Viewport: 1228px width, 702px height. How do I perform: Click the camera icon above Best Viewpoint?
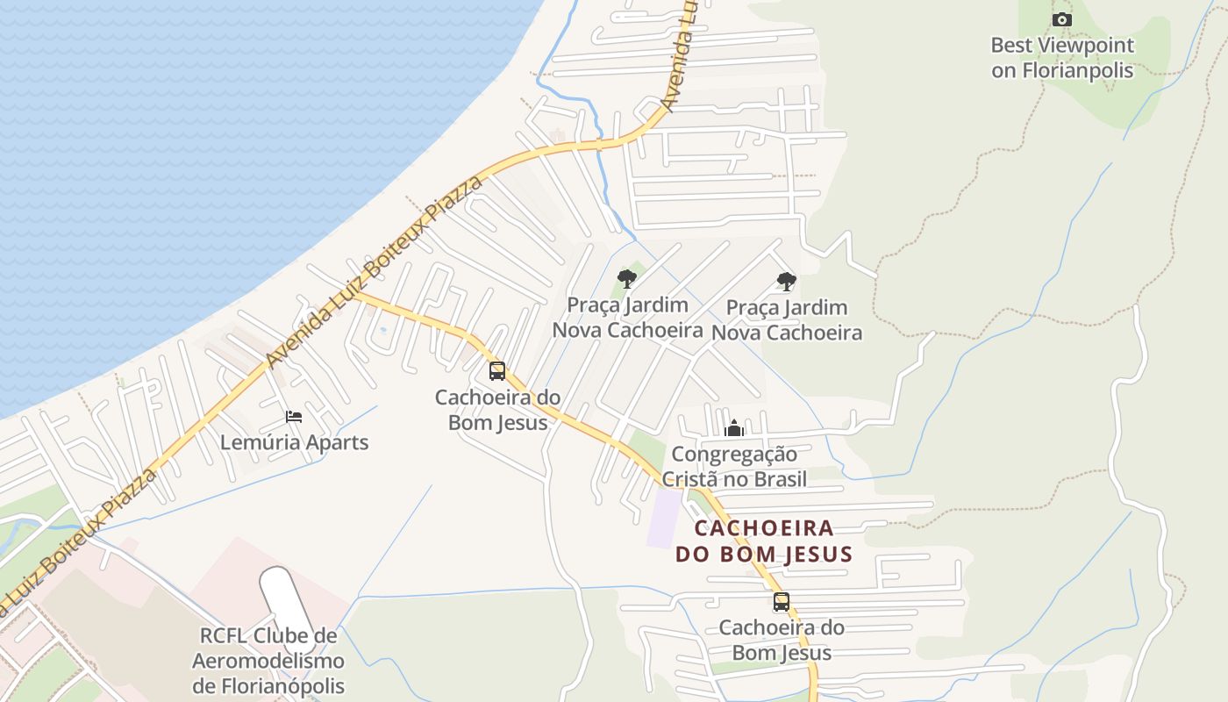coord(1061,19)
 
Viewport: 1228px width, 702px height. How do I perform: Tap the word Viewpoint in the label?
coord(1086,45)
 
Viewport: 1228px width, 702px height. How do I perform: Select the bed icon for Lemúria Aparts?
coord(294,416)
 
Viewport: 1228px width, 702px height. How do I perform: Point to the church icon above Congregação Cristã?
coord(734,428)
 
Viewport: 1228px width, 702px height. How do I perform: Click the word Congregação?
coord(734,455)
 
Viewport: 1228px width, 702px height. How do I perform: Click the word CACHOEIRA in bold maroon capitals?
coord(764,528)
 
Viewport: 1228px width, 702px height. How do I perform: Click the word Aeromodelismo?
coord(268,661)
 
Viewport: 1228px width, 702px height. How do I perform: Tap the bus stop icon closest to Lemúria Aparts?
coord(497,371)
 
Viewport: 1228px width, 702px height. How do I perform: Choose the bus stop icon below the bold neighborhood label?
coord(781,602)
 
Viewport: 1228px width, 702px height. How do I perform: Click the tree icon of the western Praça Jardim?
coord(626,279)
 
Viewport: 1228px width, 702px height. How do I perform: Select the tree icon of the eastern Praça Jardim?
coord(787,282)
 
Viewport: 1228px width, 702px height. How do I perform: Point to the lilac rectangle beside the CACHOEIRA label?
coord(664,518)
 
